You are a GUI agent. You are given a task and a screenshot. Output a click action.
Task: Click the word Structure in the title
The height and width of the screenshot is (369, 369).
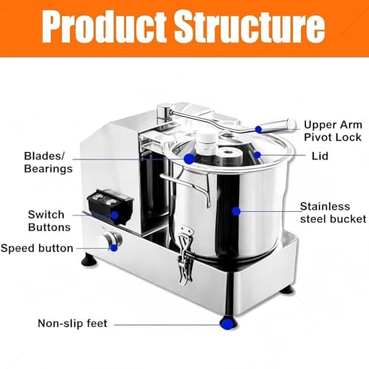[250, 27]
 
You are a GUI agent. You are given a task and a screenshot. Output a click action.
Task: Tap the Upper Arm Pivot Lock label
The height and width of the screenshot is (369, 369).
[333, 131]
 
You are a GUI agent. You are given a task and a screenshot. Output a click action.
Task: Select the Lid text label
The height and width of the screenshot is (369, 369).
[320, 156]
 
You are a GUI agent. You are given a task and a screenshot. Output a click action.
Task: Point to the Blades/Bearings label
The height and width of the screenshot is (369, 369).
[48, 162]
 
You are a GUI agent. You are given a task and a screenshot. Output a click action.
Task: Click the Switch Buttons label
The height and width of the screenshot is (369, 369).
[49, 221]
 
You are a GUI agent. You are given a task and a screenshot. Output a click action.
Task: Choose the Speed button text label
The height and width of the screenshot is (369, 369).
[37, 248]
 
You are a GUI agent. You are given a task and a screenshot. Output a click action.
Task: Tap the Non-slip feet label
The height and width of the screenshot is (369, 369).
[72, 323]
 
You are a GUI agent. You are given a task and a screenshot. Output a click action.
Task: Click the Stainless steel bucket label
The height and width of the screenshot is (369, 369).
[333, 213]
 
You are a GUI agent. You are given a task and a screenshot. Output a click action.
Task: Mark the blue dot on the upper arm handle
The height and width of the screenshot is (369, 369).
[258, 129]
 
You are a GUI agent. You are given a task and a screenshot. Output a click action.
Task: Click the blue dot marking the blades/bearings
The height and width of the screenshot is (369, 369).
[189, 159]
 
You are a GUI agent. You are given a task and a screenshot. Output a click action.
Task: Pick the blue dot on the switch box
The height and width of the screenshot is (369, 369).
[114, 215]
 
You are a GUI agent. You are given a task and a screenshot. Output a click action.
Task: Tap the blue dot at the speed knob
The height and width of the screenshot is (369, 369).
[114, 248]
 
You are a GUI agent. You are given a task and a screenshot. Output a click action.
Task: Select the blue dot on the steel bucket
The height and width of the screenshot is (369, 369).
[236, 211]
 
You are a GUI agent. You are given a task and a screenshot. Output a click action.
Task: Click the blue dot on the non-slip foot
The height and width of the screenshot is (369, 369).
[227, 324]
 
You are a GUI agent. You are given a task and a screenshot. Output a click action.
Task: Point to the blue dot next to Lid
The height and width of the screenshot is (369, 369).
[257, 155]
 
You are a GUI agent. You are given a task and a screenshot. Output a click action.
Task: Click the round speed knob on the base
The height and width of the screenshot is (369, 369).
[112, 239]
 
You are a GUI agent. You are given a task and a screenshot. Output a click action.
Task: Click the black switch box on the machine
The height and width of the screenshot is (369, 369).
[110, 207]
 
